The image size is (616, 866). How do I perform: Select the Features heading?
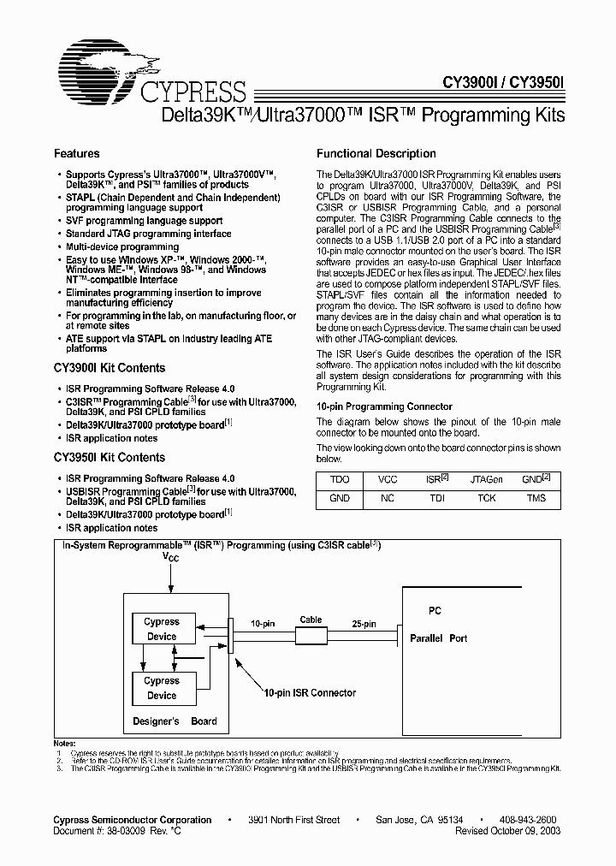click(77, 154)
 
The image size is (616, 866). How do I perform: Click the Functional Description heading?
click(376, 154)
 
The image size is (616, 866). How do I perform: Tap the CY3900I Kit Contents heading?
click(110, 368)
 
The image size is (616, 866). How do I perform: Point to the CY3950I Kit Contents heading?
click(110, 458)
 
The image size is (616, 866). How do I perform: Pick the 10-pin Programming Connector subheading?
click(384, 406)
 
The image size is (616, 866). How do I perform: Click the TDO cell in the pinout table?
click(340, 480)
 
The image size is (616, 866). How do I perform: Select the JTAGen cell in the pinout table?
click(486, 480)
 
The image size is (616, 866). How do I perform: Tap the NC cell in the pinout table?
click(388, 498)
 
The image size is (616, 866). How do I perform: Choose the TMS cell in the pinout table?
click(536, 498)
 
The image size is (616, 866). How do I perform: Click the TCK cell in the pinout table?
click(486, 498)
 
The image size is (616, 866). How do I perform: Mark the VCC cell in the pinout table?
click(388, 480)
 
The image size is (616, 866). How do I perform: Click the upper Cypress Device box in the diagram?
click(162, 629)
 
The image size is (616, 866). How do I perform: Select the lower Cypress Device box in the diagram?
click(162, 688)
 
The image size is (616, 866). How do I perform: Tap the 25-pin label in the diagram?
click(363, 625)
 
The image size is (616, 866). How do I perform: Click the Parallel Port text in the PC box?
click(438, 638)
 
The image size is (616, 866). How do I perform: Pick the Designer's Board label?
click(175, 721)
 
